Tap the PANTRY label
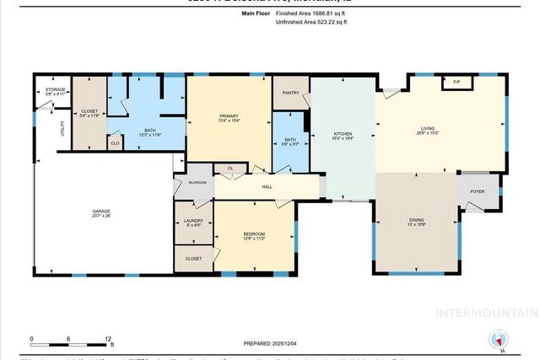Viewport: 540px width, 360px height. (291, 94)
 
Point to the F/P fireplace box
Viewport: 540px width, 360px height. (456, 82)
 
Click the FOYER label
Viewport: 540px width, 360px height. (478, 191)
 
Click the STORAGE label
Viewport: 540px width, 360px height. (56, 90)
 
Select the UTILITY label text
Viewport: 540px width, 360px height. (62, 129)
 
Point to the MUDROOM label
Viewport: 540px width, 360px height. (197, 182)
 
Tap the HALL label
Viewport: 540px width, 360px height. (267, 186)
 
